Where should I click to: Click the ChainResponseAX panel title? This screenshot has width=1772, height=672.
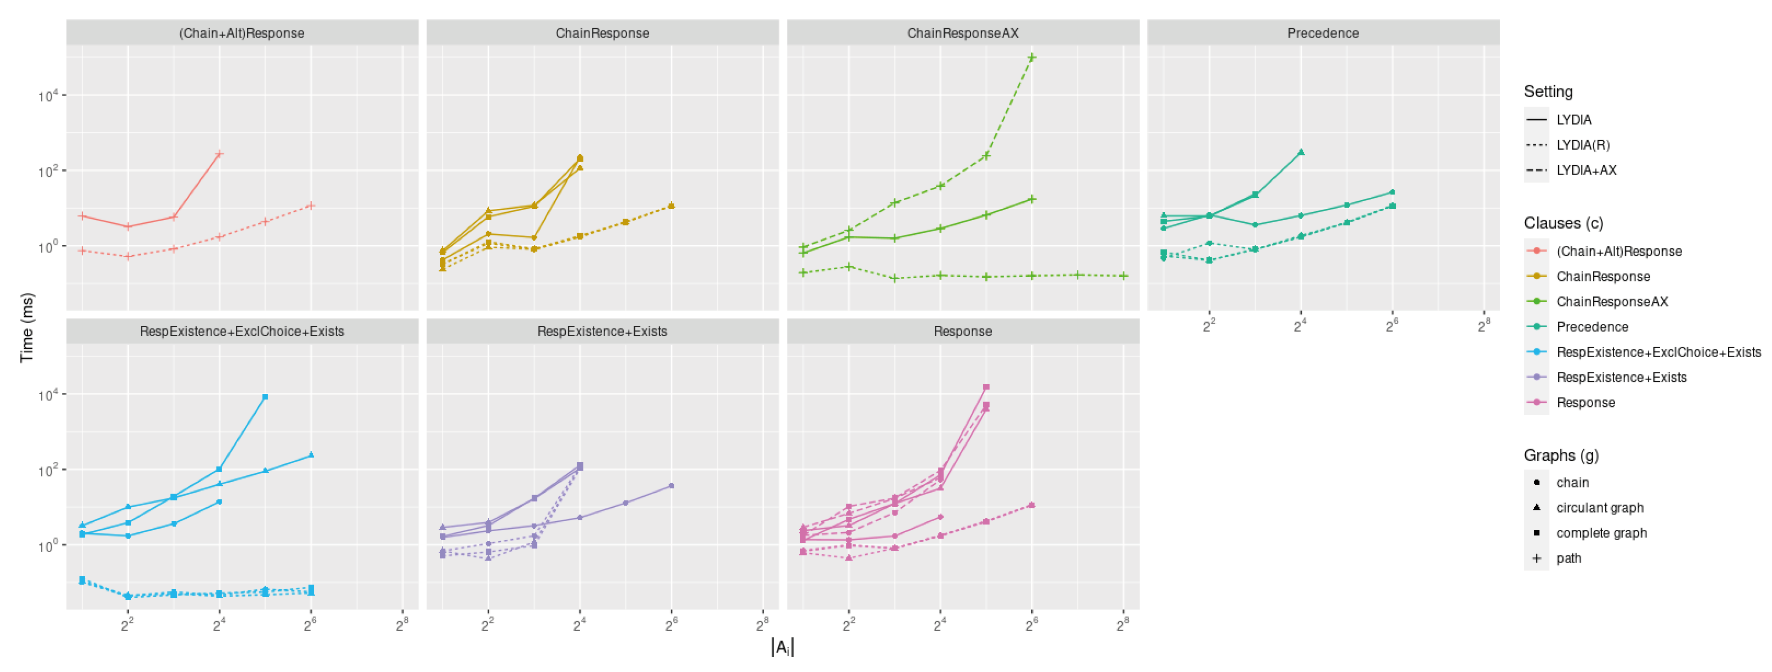pyautogui.click(x=962, y=33)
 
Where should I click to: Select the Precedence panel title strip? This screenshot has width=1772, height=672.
pyautogui.click(x=1323, y=33)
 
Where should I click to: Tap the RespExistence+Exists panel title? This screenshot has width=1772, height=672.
pyautogui.click(x=602, y=331)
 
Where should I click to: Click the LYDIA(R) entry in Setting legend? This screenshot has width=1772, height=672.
pyautogui.click(x=1583, y=145)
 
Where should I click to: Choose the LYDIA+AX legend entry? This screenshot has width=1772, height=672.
pyautogui.click(x=1586, y=171)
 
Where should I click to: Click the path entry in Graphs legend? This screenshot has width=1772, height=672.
pyautogui.click(x=1569, y=558)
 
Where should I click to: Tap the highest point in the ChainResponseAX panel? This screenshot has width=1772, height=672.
pyautogui.click(x=1032, y=58)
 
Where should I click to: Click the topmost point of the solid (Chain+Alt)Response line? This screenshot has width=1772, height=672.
pyautogui.click(x=220, y=154)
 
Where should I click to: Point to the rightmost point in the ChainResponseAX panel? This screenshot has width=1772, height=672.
pyautogui.click(x=1123, y=276)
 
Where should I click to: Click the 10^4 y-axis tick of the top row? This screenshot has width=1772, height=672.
pyautogui.click(x=48, y=96)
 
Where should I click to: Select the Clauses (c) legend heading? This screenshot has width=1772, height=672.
pyautogui.click(x=1563, y=224)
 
